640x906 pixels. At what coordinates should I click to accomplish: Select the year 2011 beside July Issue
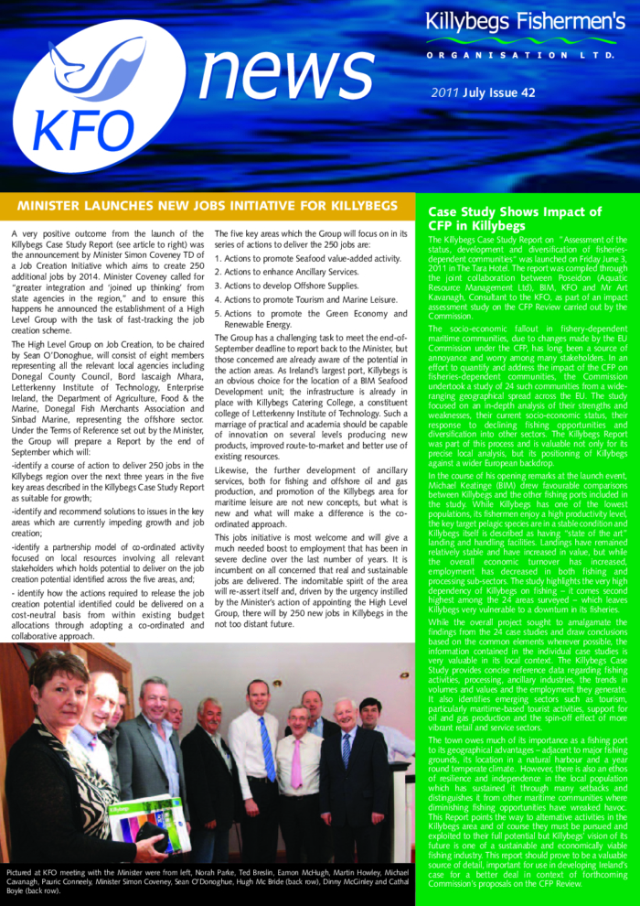[445, 92]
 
